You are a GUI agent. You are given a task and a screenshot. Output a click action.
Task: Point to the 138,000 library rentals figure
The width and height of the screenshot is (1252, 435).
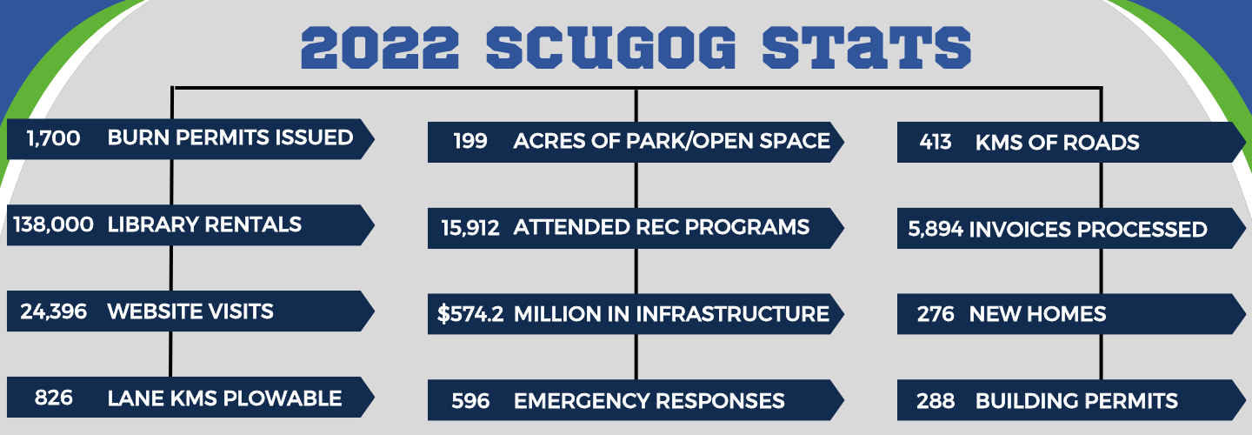coord(54,224)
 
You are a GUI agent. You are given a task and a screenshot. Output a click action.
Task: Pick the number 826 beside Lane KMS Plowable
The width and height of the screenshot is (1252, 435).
coord(54,398)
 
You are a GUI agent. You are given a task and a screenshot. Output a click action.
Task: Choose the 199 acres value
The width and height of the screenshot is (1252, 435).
coord(470,141)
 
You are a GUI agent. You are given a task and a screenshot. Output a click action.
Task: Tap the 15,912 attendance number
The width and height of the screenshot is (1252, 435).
coord(470,228)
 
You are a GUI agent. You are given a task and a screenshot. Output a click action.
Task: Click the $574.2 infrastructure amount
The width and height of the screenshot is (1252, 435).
coord(470,314)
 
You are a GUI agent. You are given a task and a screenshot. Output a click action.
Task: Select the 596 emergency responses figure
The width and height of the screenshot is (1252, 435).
coord(470,401)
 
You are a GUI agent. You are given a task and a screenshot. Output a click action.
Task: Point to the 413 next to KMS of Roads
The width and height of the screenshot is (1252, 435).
coord(936,142)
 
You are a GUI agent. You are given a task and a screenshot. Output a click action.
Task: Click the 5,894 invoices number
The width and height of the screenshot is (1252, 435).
coord(935,230)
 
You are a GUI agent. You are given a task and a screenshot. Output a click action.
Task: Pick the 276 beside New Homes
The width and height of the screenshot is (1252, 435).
coord(936,314)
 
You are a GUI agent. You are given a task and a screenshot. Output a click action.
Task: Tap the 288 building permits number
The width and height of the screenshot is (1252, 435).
coord(936,401)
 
